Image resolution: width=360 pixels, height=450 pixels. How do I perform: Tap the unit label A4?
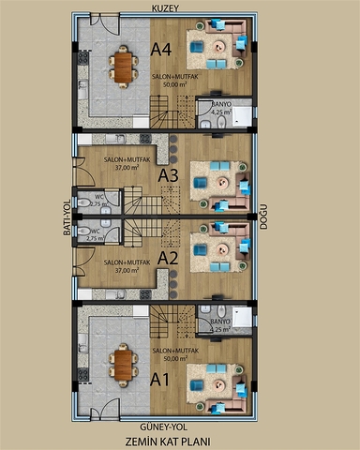[x=161, y=51]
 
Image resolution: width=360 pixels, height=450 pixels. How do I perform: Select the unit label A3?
[x=169, y=174]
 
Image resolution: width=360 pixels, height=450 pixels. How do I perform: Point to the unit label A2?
[x=169, y=256]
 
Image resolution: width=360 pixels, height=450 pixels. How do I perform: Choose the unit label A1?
[x=161, y=381]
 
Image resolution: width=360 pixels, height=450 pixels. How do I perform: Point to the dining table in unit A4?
[x=123, y=66]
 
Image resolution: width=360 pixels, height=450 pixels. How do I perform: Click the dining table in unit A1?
[x=123, y=362]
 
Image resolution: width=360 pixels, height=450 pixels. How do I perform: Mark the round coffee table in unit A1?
[x=218, y=383]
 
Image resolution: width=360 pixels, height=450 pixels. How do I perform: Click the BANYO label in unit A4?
[x=220, y=104]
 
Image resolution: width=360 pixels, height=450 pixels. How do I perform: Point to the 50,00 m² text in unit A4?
[x=172, y=83]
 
